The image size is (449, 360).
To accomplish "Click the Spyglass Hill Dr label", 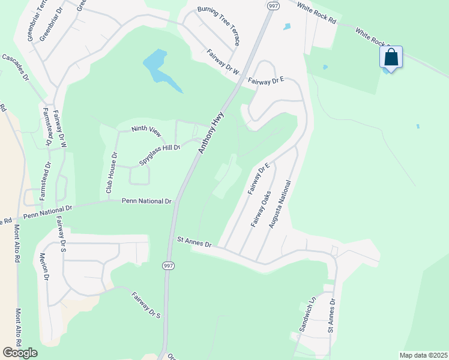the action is pos(160,154).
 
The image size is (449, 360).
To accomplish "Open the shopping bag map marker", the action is pos(391,58).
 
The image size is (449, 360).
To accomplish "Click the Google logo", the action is pos(20,353).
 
